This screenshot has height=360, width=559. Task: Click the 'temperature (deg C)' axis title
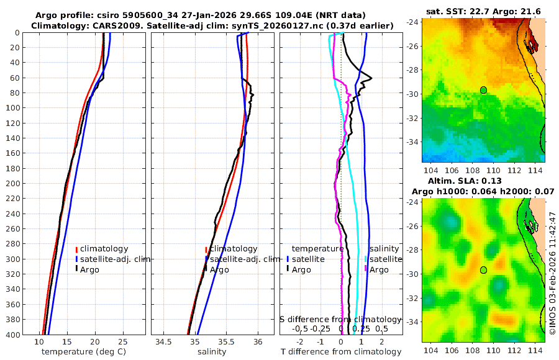tap(85, 352)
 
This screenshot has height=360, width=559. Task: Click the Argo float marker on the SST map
tap(483, 90)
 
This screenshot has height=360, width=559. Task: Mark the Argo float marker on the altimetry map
tap(483, 270)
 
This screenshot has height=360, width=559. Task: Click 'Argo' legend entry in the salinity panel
tap(220, 269)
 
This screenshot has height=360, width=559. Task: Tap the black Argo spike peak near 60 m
tap(371, 78)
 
